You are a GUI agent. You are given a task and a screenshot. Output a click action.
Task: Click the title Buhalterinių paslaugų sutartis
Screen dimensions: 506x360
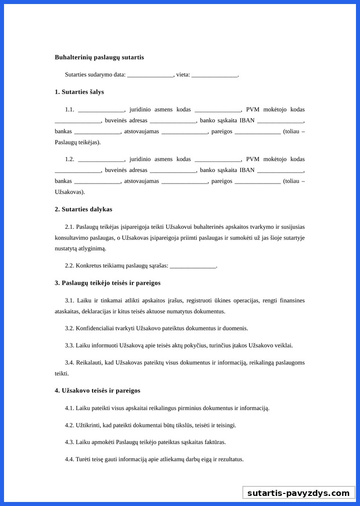point(99,57)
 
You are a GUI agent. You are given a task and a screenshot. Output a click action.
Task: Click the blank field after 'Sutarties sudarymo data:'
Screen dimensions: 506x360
point(150,75)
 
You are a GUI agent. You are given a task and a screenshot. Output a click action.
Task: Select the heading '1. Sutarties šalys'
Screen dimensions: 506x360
point(79,92)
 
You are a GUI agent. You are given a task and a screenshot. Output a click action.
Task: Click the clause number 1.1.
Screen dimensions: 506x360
point(69,110)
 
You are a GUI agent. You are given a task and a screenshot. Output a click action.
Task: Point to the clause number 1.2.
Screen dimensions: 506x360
point(69,159)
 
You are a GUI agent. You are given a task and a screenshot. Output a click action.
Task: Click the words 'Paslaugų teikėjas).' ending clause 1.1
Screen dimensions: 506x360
point(77,142)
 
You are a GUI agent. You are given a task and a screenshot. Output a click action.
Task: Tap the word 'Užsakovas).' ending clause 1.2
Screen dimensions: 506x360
point(70,192)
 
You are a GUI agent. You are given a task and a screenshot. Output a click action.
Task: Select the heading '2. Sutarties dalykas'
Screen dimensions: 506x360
point(83,209)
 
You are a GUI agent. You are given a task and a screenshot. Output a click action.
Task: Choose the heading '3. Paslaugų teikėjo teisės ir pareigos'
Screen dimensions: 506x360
point(108,283)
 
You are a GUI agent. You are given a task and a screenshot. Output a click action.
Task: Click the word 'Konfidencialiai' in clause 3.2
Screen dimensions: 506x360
point(94,328)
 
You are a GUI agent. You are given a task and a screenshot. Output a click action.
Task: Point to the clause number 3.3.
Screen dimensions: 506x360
point(69,346)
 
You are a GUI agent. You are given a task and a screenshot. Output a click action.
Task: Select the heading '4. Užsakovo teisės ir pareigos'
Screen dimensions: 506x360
point(98,391)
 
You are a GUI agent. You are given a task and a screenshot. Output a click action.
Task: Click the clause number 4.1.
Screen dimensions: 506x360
point(69,408)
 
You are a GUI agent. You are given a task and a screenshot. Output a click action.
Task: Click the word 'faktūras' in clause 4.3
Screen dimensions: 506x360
point(214,443)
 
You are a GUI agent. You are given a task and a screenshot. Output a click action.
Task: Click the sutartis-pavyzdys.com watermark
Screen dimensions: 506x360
point(298,493)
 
